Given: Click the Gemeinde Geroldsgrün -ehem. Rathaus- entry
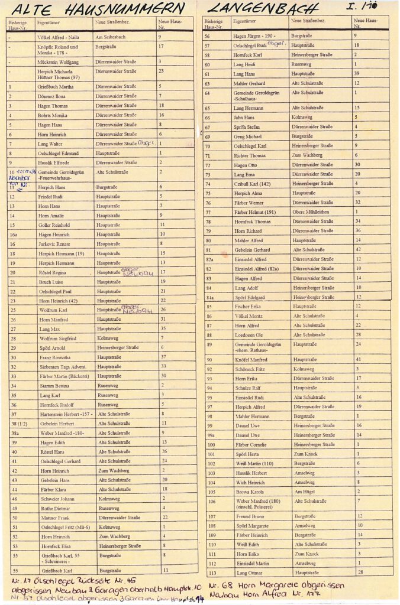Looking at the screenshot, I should [255, 346].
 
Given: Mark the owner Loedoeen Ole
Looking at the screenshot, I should [249, 334].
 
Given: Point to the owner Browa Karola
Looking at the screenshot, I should [249, 491].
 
